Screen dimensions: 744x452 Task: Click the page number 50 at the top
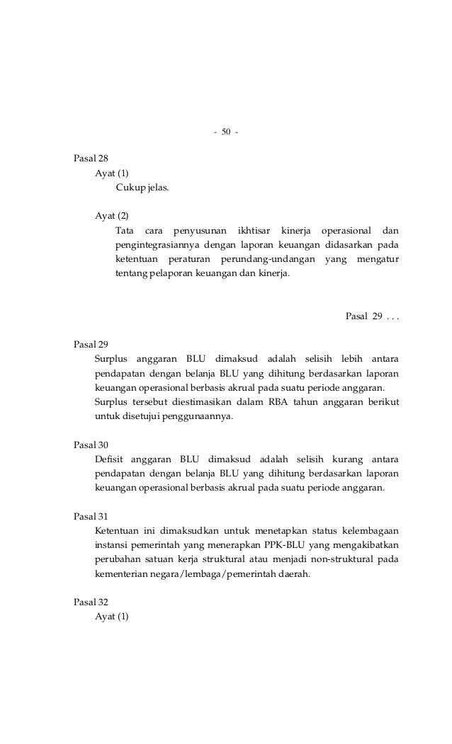click(225, 132)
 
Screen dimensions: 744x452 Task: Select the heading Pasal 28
click(91, 159)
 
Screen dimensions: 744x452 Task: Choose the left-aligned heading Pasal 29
click(91, 345)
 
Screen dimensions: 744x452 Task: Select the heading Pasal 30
click(91, 445)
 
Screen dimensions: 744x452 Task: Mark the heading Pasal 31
click(91, 517)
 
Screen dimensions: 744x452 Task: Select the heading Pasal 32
click(91, 603)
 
